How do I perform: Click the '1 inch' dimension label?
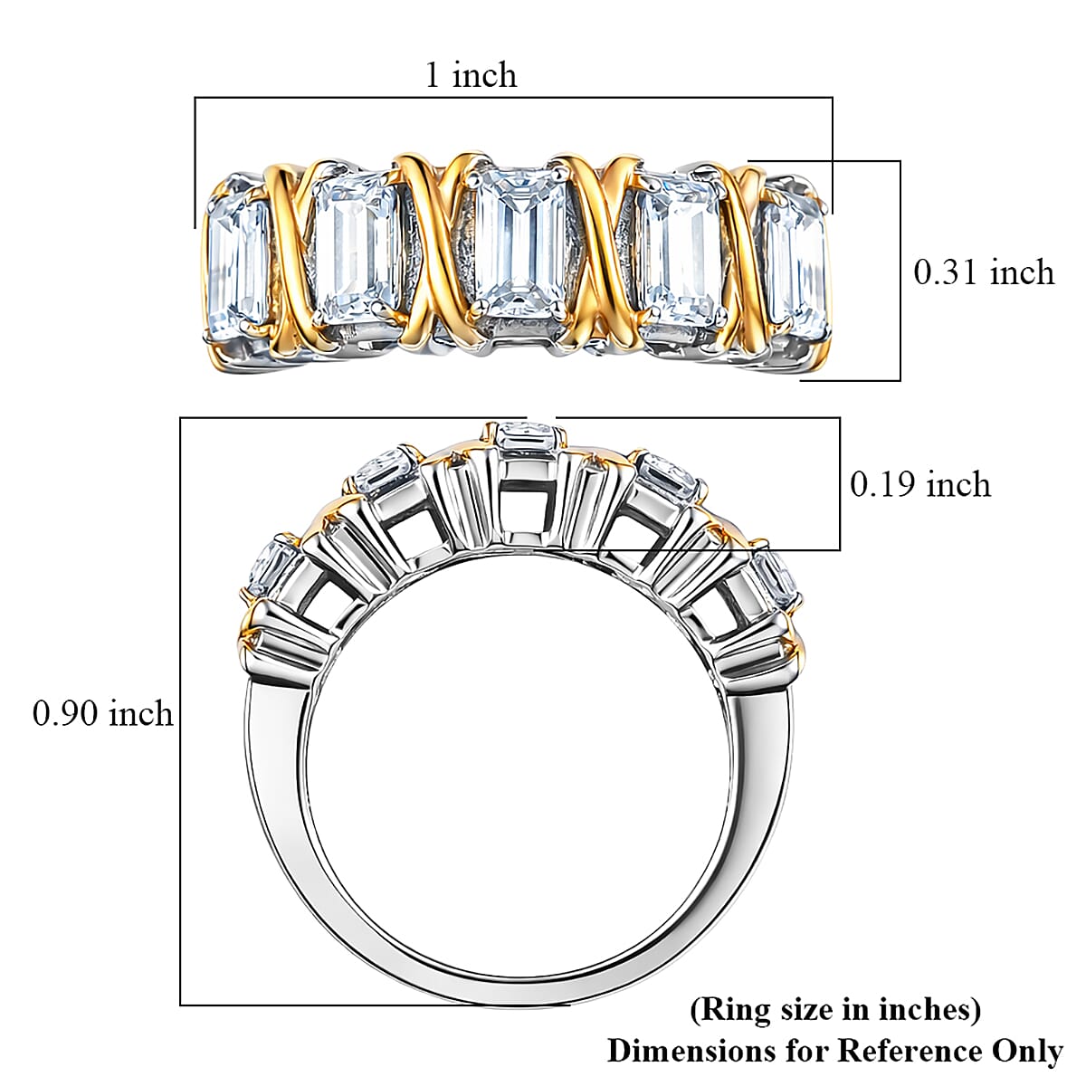tap(471, 74)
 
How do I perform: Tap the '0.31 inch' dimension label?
tap(984, 271)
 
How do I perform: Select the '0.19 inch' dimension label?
tap(920, 484)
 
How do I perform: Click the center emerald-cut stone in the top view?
tap(512, 242)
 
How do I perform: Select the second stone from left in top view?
tap(355, 249)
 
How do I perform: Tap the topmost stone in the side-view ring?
tap(524, 435)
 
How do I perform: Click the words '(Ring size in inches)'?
tap(835, 1009)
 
